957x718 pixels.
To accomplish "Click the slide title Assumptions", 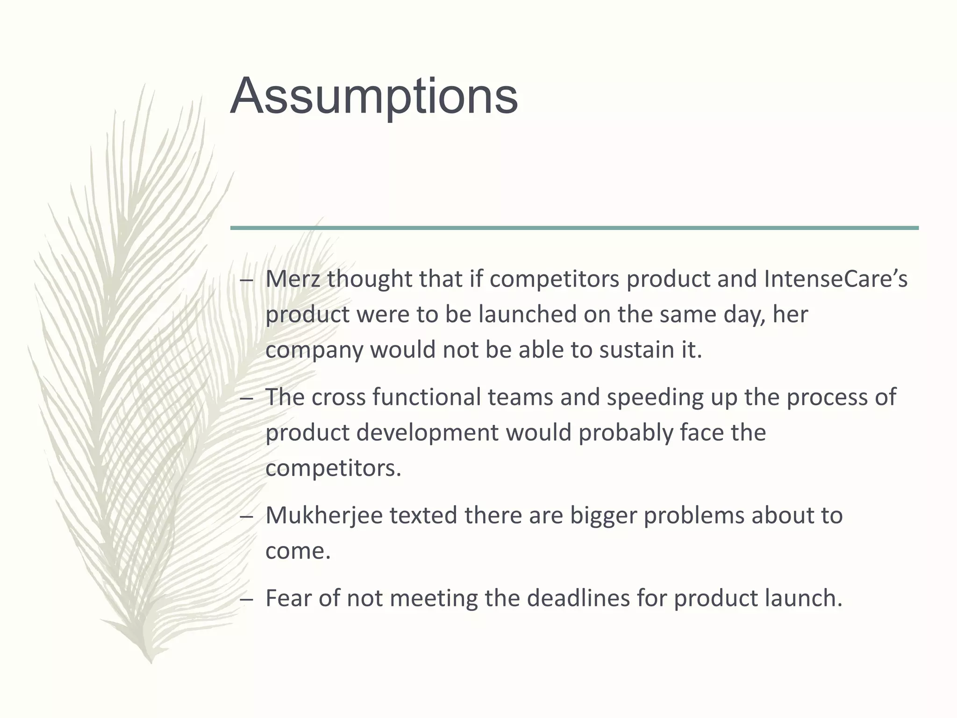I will pyautogui.click(x=374, y=97).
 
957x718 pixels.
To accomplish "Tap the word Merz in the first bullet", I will pyautogui.click(x=292, y=279).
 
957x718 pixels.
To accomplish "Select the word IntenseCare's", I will pyautogui.click(x=836, y=279).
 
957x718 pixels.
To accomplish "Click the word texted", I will pyautogui.click(x=423, y=516).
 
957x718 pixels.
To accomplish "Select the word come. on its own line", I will pyautogui.click(x=298, y=551).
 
